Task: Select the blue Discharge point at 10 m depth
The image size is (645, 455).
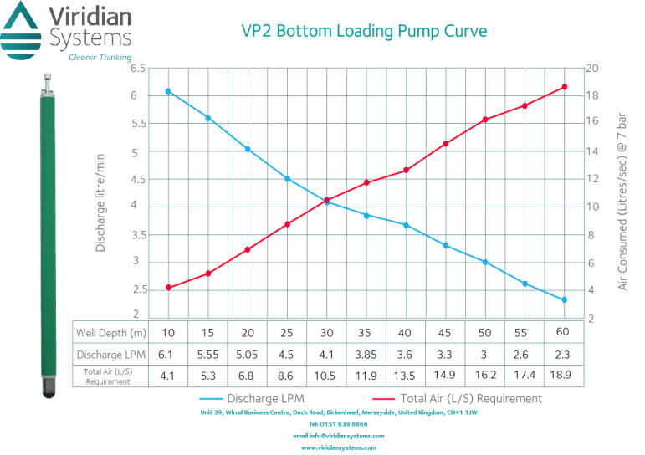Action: [x=168, y=91]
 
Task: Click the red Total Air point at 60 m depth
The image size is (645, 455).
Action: [x=564, y=87]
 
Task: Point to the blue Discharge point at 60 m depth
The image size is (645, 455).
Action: [x=564, y=299]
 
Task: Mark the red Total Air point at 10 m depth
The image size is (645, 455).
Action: [x=168, y=288]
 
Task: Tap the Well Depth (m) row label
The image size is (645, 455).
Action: [x=110, y=332]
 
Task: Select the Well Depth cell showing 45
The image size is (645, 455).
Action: [x=445, y=332]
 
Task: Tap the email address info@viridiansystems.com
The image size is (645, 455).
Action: [x=338, y=436]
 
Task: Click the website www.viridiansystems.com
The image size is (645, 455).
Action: [x=338, y=447]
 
